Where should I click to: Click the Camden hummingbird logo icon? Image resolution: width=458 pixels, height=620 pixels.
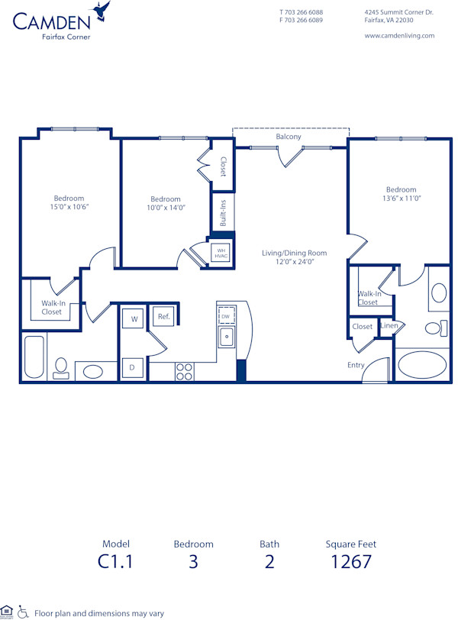(x=101, y=11)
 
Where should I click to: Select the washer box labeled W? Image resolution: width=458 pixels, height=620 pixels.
(x=134, y=318)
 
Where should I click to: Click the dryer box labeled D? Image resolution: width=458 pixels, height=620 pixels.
(x=132, y=367)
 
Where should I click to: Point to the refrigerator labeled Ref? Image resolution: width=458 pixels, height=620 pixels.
(x=163, y=316)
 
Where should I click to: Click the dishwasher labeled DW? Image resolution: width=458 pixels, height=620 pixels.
(x=226, y=315)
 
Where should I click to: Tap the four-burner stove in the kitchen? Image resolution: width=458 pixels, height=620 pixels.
(x=184, y=371)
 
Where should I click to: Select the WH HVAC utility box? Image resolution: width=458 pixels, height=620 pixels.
(x=221, y=253)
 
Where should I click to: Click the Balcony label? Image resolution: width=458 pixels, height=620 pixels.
(x=289, y=137)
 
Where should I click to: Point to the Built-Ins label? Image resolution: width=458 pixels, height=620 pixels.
(x=224, y=212)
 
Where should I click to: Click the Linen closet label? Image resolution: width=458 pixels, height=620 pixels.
(x=389, y=326)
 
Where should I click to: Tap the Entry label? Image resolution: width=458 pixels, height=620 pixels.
(x=356, y=365)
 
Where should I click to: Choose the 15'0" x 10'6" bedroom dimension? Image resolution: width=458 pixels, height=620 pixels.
(x=69, y=207)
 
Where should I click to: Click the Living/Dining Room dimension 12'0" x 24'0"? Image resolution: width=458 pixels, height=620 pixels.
(x=294, y=261)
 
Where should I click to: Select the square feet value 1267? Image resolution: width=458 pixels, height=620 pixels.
(x=351, y=562)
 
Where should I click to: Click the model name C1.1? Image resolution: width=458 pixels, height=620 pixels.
(x=116, y=562)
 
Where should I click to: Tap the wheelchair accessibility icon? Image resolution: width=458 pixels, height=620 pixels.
(x=23, y=612)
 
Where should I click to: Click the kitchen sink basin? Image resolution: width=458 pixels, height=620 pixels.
(x=226, y=335)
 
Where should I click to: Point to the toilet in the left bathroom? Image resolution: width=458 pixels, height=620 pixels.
(x=63, y=370)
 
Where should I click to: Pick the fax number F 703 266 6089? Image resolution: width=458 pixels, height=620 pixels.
(x=301, y=21)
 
